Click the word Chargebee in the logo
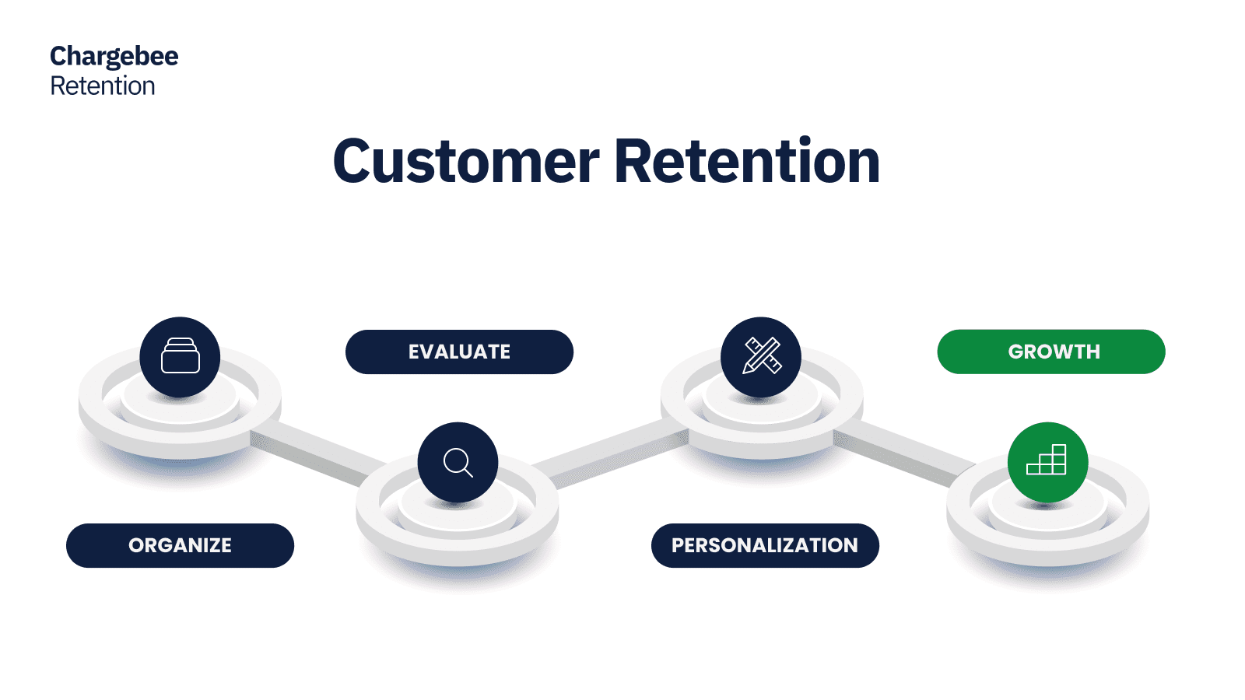(114, 57)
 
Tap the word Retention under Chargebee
(103, 86)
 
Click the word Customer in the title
(465, 162)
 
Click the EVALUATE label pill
(459, 352)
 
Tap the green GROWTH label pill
(1051, 352)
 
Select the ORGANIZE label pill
(180, 545)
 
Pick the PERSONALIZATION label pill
(765, 545)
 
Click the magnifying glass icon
(458, 462)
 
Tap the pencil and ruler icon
(761, 356)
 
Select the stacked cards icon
(180, 356)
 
